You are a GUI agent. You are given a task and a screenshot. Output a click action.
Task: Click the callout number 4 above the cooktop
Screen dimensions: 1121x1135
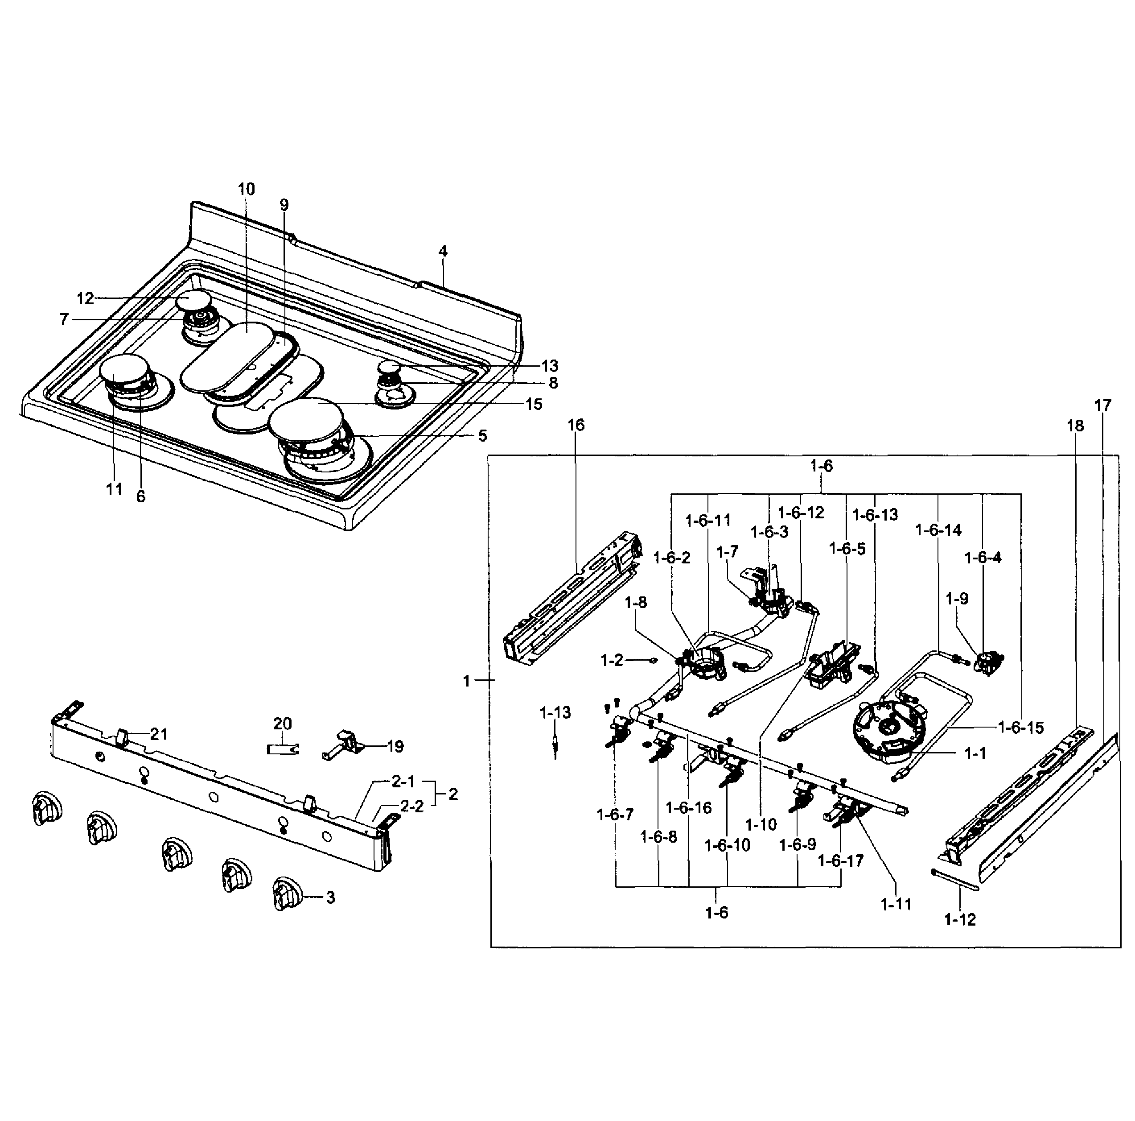pyautogui.click(x=443, y=252)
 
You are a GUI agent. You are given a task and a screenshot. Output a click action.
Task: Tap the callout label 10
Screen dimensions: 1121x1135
pyautogui.click(x=247, y=189)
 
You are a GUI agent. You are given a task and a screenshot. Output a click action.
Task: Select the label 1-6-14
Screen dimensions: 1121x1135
pyautogui.click(x=938, y=530)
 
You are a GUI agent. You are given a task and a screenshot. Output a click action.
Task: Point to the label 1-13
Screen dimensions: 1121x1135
pyautogui.click(x=555, y=713)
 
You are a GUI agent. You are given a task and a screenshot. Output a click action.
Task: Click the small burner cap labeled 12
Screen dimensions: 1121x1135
pyautogui.click(x=193, y=302)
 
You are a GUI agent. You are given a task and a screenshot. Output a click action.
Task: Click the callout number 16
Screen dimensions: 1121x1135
pyautogui.click(x=576, y=425)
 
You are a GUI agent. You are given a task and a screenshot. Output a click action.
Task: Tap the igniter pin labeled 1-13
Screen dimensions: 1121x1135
pyautogui.click(x=555, y=747)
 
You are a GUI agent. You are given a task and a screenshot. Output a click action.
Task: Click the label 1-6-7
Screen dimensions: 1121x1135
pyautogui.click(x=615, y=815)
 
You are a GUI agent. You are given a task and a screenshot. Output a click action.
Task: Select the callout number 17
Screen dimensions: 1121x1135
pyautogui.click(x=1103, y=405)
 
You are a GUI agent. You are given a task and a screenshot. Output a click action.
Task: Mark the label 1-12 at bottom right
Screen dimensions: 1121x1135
pyautogui.click(x=960, y=920)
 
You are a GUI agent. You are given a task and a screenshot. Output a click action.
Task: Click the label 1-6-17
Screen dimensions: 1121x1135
pyautogui.click(x=841, y=861)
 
